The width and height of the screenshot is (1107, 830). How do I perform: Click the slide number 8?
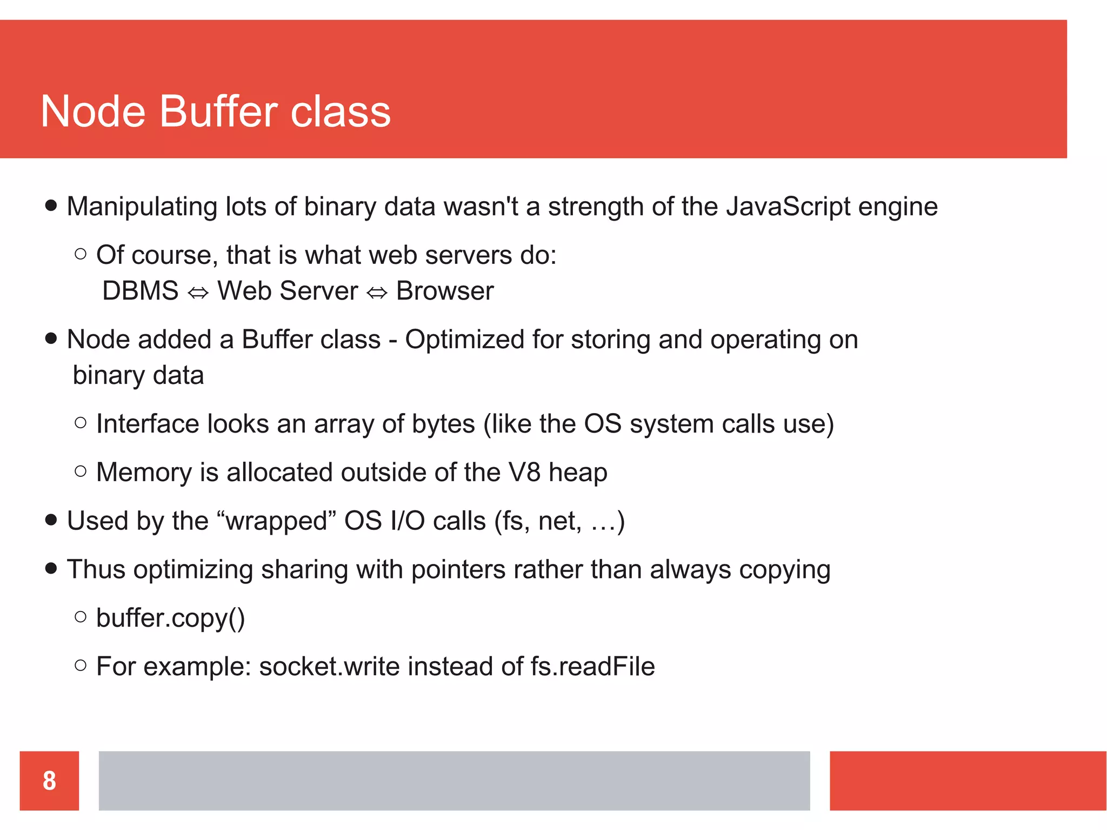(49, 780)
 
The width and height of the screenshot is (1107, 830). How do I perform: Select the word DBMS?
(140, 291)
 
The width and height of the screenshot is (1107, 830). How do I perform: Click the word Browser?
(445, 291)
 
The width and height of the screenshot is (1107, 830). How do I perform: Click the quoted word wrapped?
(277, 521)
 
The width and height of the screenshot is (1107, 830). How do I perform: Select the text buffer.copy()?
(170, 618)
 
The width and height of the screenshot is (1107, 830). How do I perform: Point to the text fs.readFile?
(592, 666)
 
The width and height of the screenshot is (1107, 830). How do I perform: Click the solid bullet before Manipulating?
(51, 205)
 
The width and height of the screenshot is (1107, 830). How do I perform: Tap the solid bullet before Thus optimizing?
(51, 568)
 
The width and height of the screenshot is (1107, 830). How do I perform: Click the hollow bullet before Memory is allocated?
(81, 472)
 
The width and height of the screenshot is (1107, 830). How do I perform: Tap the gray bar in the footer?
(454, 780)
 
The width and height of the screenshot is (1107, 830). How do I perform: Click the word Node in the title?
(93, 111)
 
